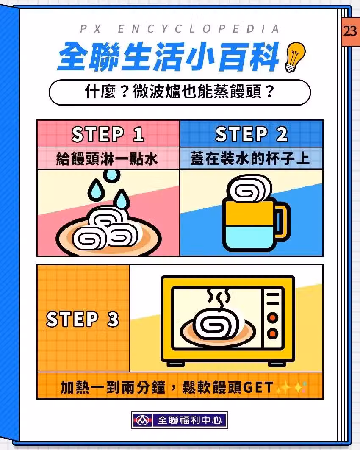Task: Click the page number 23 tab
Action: (x=350, y=31)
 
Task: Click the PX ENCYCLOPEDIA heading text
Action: (x=180, y=29)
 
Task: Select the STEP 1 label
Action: (x=108, y=134)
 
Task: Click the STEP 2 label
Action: (x=251, y=134)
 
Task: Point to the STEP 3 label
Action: (x=82, y=319)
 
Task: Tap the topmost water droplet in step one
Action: (x=111, y=176)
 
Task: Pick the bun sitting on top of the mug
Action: (x=249, y=189)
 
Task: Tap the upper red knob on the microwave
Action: (x=272, y=318)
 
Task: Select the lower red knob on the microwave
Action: (x=272, y=334)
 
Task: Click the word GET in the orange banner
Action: (x=258, y=387)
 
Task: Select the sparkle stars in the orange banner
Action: (x=291, y=387)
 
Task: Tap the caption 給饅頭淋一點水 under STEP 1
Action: (x=107, y=158)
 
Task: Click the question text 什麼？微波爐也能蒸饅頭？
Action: (x=180, y=92)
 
